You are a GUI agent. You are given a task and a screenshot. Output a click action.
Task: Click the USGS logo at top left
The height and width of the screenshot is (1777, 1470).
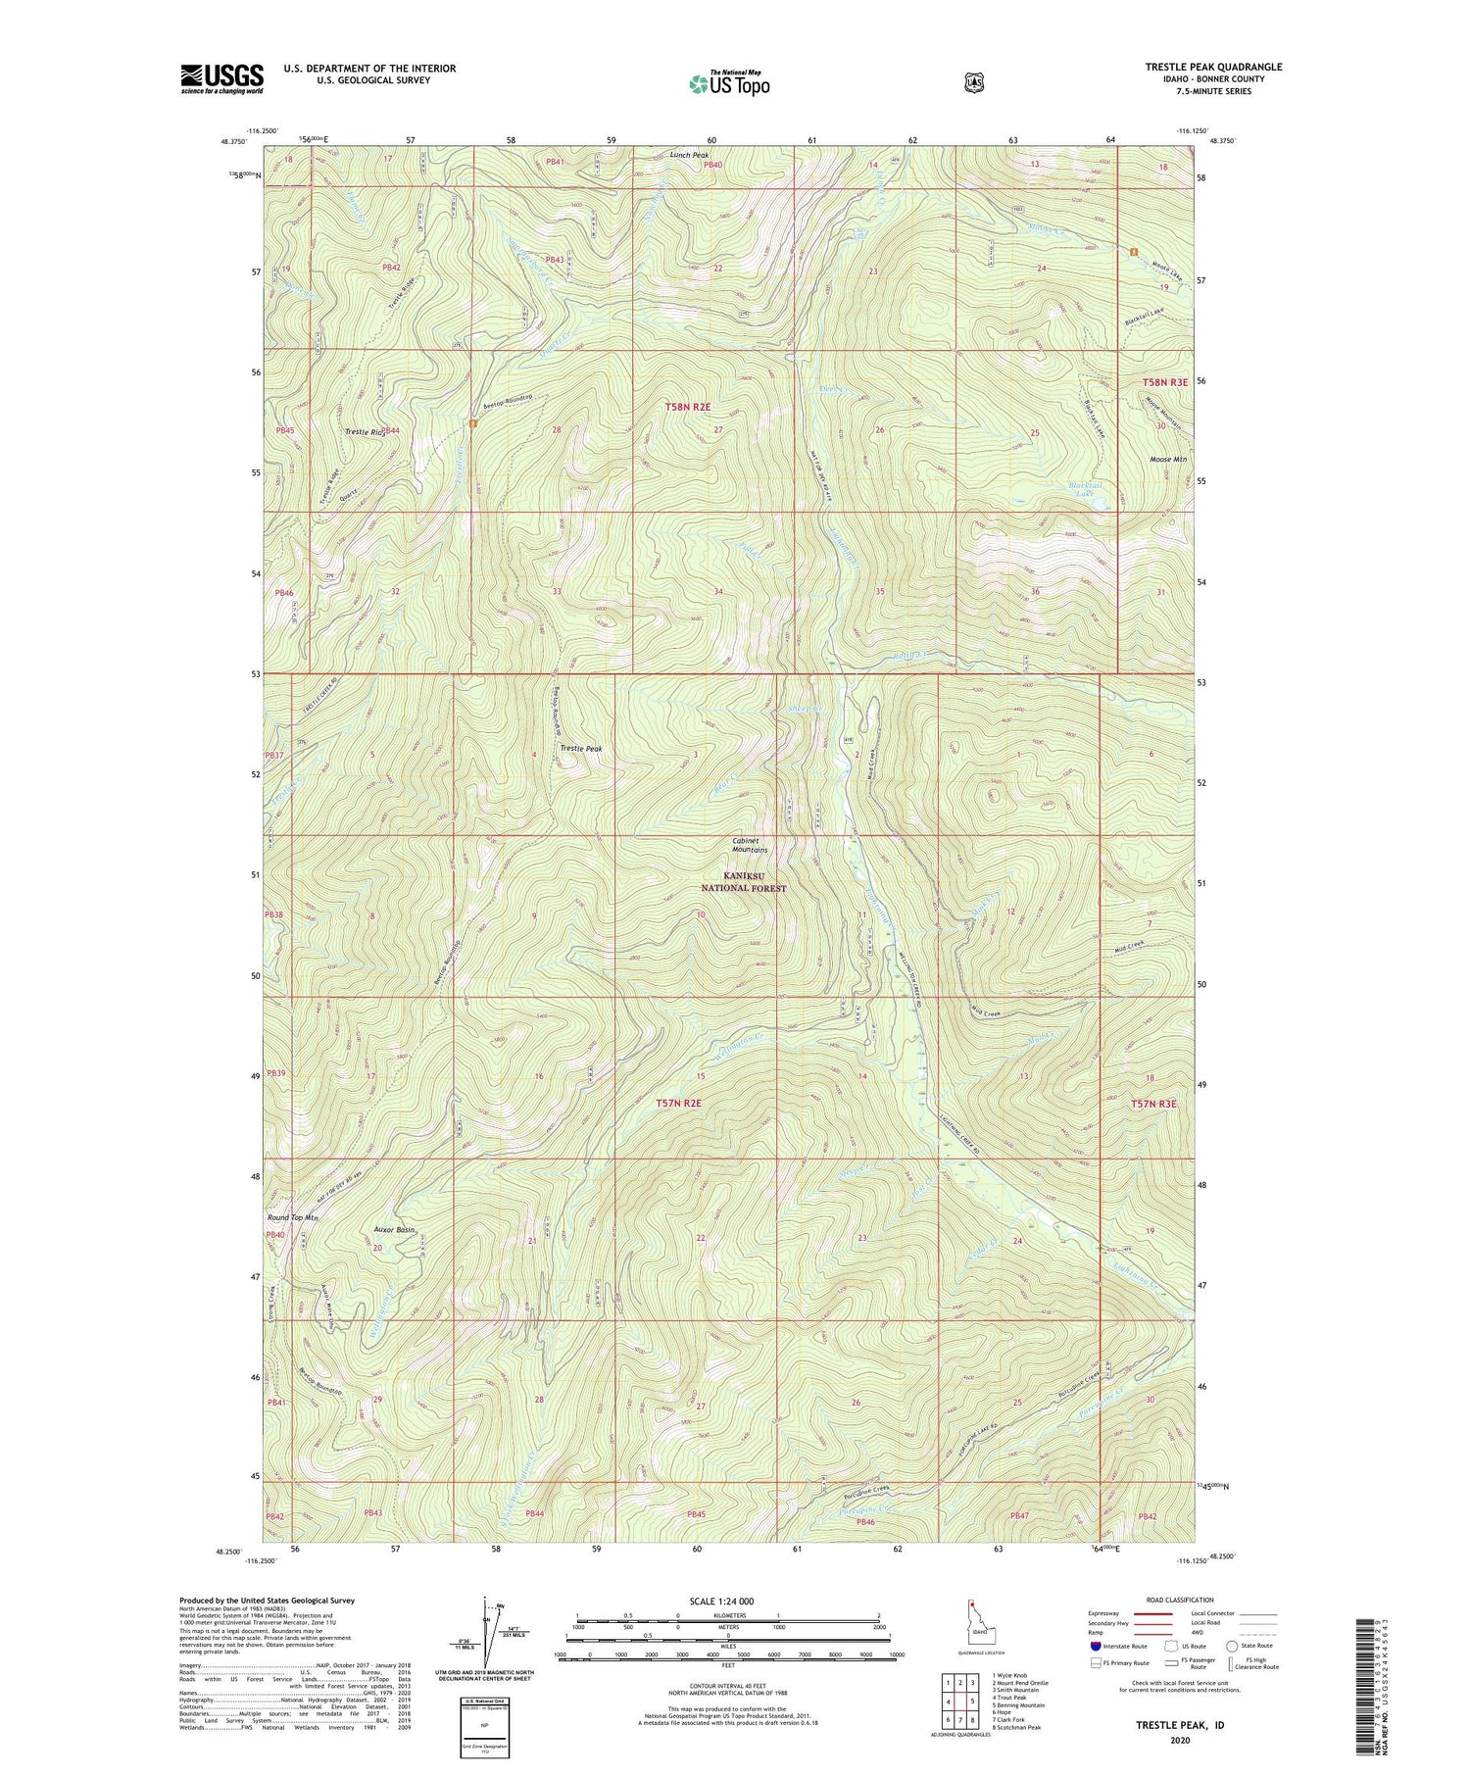click(x=222, y=78)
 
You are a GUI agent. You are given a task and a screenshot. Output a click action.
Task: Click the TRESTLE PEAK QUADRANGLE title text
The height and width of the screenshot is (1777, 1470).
click(x=1213, y=67)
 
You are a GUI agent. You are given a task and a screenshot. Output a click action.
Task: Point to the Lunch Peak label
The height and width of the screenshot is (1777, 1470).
click(x=689, y=155)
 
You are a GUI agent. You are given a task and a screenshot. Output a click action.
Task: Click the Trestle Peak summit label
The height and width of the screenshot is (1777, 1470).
click(x=580, y=748)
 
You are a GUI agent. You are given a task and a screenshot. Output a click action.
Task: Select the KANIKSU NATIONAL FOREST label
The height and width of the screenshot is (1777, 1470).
click(x=743, y=881)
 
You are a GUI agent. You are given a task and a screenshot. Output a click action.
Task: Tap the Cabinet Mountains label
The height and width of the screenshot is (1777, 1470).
click(x=751, y=845)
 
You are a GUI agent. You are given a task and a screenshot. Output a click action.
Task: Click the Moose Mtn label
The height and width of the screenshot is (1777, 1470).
click(x=1168, y=459)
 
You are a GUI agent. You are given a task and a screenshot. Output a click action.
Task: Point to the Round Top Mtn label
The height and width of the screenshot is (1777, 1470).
click(x=293, y=1217)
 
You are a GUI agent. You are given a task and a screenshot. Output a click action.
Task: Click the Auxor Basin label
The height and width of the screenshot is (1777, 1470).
click(x=395, y=1229)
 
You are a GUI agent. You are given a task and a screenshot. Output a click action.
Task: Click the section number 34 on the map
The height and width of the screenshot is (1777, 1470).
click(x=718, y=591)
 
